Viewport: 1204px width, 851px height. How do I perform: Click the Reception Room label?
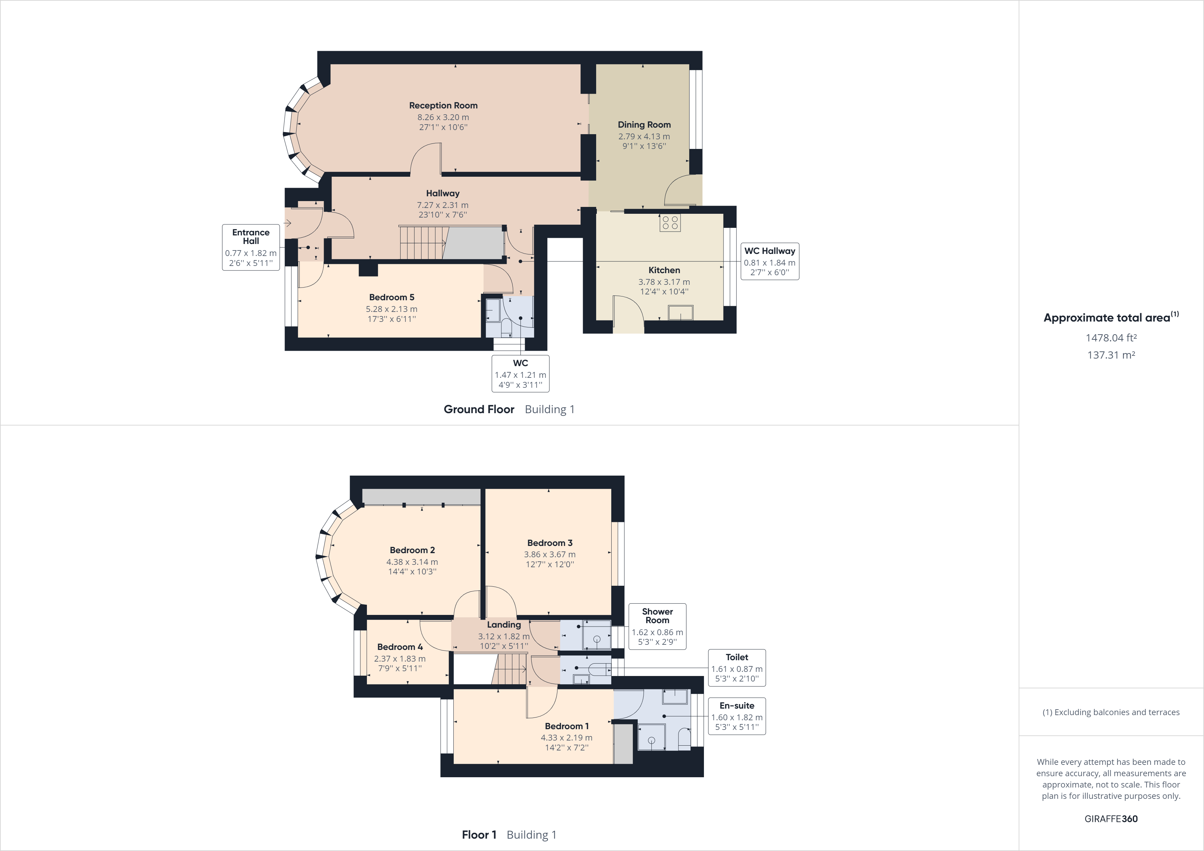pos(443,105)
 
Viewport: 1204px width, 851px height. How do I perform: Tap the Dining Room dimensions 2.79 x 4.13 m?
pos(644,136)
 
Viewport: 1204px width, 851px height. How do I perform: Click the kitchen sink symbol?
pos(680,313)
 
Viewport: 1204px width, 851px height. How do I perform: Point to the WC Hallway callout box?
pos(769,261)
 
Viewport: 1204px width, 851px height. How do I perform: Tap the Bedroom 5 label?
pos(391,297)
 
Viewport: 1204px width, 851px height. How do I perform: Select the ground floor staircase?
pos(422,242)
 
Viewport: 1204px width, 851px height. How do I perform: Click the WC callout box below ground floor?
pos(520,373)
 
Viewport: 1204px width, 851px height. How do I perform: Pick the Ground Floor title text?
pos(479,409)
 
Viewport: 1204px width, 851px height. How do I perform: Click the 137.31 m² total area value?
pos(1111,355)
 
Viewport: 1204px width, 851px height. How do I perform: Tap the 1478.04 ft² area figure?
pos(1111,338)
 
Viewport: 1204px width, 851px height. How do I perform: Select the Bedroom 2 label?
pos(412,550)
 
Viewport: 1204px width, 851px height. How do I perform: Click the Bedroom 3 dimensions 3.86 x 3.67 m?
pos(549,554)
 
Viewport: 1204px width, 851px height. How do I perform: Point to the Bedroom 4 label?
pos(400,647)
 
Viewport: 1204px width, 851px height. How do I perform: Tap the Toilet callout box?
pos(737,667)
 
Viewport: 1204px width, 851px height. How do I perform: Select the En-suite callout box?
pos(737,716)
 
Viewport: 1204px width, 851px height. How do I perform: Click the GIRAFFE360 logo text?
pos(1111,818)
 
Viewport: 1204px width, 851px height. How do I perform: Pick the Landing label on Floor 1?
pos(503,625)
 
